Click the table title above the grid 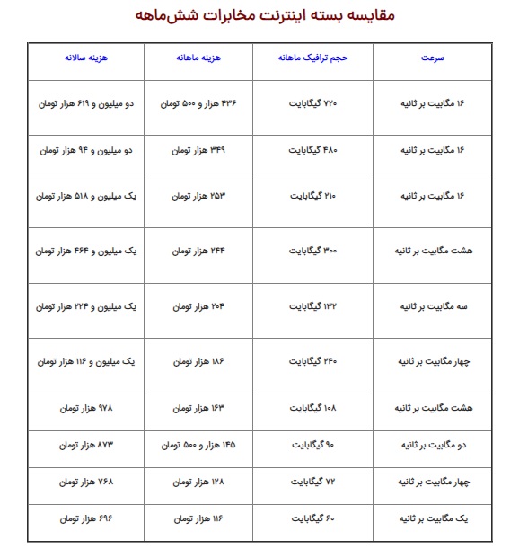259,16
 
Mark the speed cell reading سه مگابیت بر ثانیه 432,306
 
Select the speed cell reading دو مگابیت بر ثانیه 432,445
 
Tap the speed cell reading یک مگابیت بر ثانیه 432,519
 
